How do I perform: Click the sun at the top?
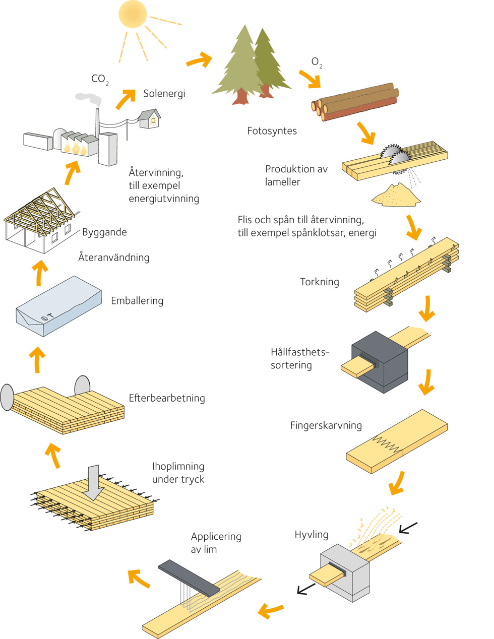coord(133,14)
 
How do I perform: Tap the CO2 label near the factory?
coord(99,79)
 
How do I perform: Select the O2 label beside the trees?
coord(317,62)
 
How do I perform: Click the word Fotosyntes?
coord(272,131)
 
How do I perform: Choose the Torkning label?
coord(319,282)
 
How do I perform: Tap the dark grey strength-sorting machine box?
coord(381,361)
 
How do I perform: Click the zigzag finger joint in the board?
coord(386,442)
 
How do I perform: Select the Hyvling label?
coord(311,535)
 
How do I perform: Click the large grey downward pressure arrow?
coord(94,482)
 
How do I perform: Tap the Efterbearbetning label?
coord(166,398)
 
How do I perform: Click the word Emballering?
coord(137,301)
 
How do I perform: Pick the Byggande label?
coord(104,232)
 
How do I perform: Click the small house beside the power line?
coord(150,119)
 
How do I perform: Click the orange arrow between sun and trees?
coord(199,60)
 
